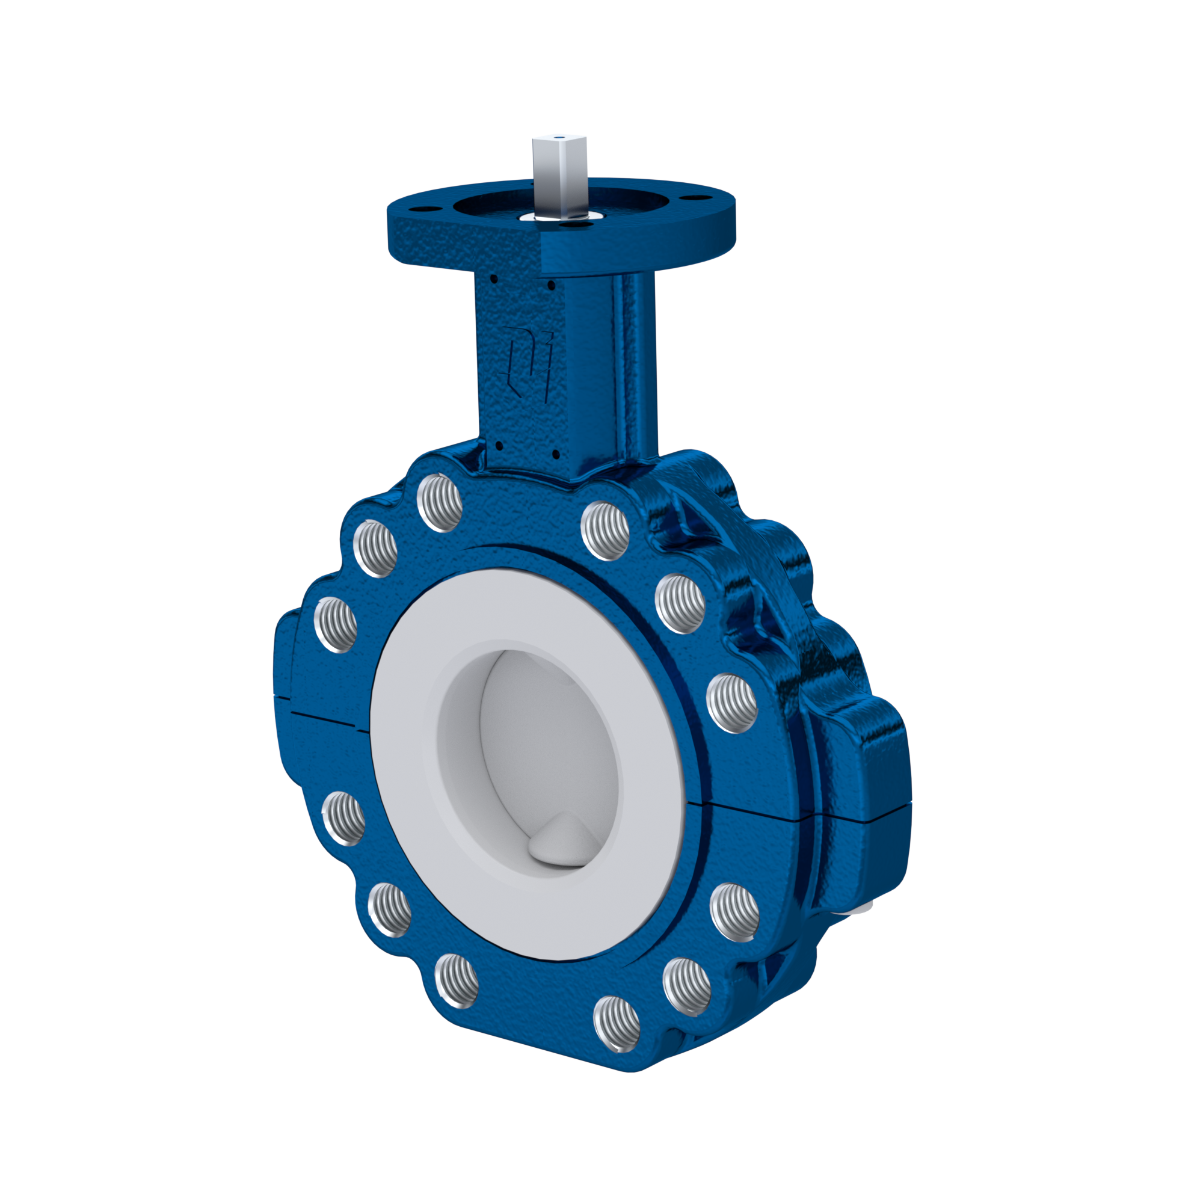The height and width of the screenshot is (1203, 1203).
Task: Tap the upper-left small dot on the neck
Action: tap(494, 280)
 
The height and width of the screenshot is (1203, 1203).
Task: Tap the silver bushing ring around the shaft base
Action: tap(529, 217)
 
